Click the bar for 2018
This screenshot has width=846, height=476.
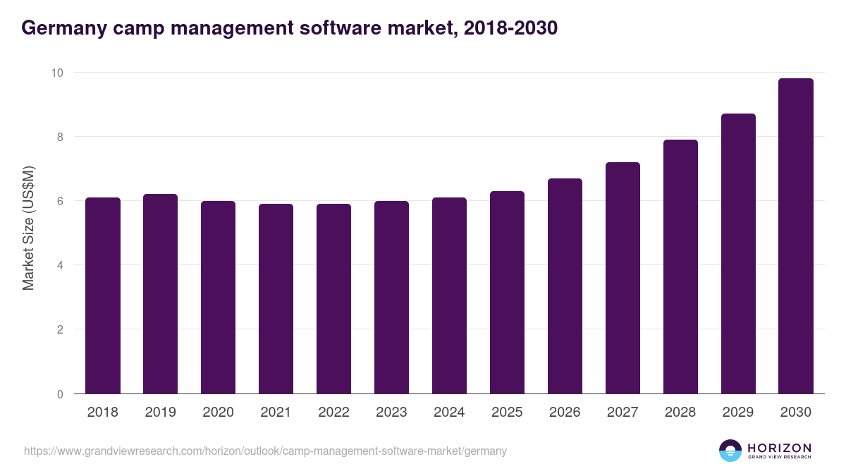(103, 295)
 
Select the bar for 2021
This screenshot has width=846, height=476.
(276, 299)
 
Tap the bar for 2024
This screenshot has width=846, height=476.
(449, 295)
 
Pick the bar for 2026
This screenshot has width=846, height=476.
(565, 286)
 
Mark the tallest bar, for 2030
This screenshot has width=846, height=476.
(796, 236)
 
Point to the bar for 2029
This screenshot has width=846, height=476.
(738, 253)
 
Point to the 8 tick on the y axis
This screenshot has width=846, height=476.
(60, 137)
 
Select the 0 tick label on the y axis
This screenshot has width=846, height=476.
(60, 394)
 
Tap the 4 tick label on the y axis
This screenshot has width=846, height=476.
(60, 265)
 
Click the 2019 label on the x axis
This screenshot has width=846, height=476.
(161, 413)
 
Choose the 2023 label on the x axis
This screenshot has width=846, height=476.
(391, 413)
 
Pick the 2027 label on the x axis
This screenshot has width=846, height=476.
(623, 413)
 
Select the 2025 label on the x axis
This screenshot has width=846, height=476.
(507, 413)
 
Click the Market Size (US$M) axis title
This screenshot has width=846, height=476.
(28, 227)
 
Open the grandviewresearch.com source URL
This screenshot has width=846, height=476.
(265, 451)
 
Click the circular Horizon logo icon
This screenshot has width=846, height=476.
(730, 451)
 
